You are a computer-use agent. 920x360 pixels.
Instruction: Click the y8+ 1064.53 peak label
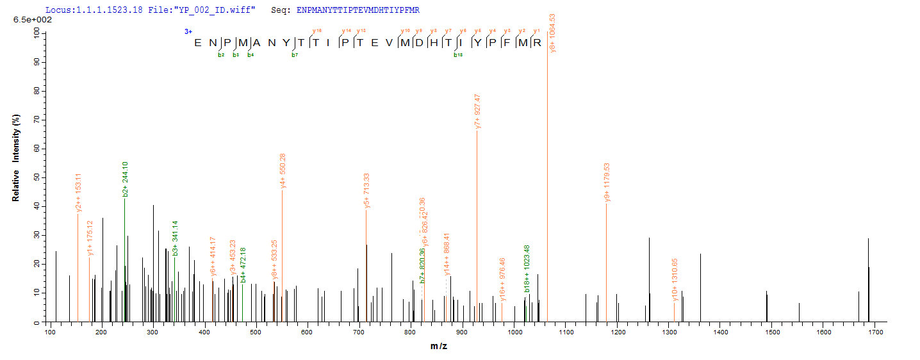point(552,33)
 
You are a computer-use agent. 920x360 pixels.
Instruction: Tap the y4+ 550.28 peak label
point(283,171)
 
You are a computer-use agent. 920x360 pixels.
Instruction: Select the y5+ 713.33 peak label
point(367,190)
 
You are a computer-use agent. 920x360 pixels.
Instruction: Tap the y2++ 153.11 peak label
point(79,192)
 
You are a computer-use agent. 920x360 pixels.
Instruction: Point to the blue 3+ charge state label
point(188,31)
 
